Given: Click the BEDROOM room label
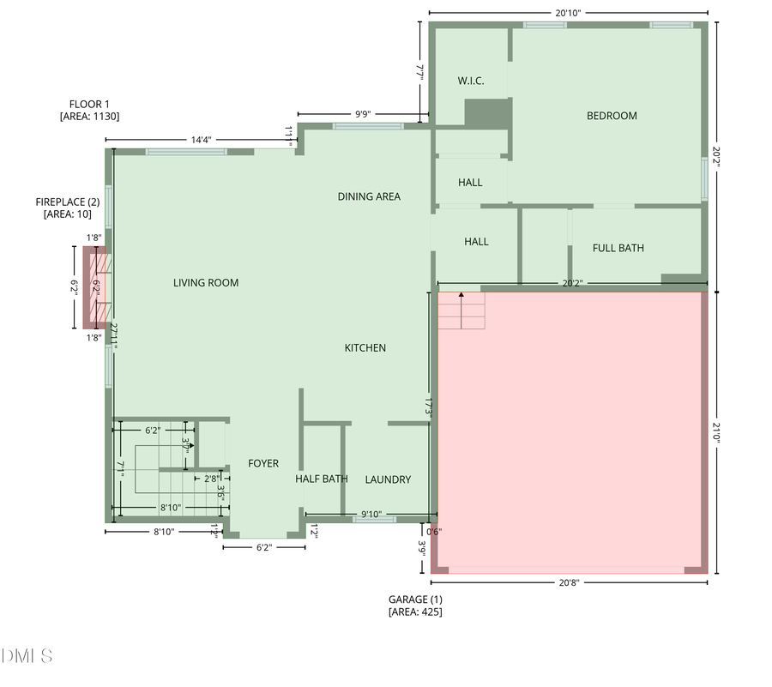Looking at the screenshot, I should coord(612,116).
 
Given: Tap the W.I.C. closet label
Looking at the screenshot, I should coord(470,81).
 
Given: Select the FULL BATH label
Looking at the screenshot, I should coord(618,248).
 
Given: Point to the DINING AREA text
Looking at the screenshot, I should coord(369,196).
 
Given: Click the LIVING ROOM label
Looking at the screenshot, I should coord(206,283).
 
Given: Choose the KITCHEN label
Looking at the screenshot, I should coord(365,347).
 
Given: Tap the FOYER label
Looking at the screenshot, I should coord(263,463).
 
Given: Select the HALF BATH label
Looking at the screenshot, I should coord(322,479).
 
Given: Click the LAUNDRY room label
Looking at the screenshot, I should coord(388,479).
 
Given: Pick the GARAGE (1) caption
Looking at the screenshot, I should coord(415,600).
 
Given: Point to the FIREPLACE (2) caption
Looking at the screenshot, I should coord(68,202).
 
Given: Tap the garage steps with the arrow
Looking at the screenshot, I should coord(461,310).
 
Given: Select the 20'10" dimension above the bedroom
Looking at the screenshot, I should coord(568,12).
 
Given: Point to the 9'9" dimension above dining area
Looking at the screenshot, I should coord(363,113).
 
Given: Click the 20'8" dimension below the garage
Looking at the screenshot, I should coord(569,582).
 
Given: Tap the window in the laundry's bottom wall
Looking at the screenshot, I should coord(375,520).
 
